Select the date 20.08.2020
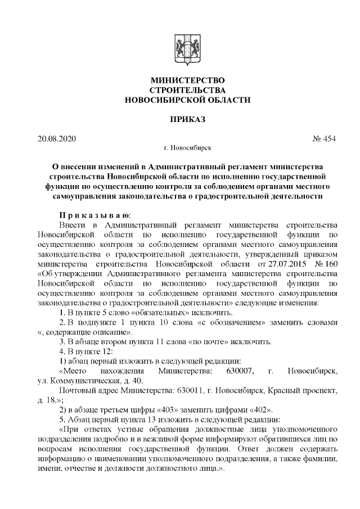pos(56,138)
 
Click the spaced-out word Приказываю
pos(95,215)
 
